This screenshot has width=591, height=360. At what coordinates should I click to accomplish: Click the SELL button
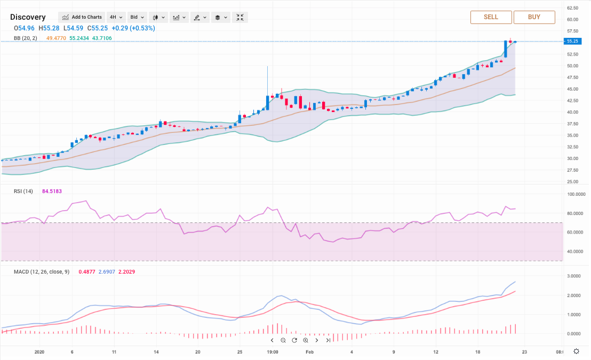point(491,17)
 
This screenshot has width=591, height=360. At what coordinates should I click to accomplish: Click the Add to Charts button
point(81,17)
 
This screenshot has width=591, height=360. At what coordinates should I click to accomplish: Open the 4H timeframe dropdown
point(116,17)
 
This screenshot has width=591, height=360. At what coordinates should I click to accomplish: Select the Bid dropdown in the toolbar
point(137,17)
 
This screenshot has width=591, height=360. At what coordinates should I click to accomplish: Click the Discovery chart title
point(28,17)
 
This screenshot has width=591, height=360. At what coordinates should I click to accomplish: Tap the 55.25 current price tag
point(572,41)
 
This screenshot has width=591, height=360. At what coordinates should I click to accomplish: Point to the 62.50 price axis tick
point(573,8)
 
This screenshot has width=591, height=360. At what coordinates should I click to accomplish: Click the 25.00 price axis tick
point(573,182)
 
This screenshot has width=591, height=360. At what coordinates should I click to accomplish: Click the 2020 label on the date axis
point(39,352)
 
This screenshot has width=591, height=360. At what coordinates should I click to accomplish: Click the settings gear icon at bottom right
point(576,351)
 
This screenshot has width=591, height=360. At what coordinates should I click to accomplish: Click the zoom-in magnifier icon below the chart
point(306,340)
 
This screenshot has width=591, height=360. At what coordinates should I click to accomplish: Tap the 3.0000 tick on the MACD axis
point(574,276)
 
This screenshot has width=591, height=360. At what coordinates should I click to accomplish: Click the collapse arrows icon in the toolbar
point(240,17)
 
